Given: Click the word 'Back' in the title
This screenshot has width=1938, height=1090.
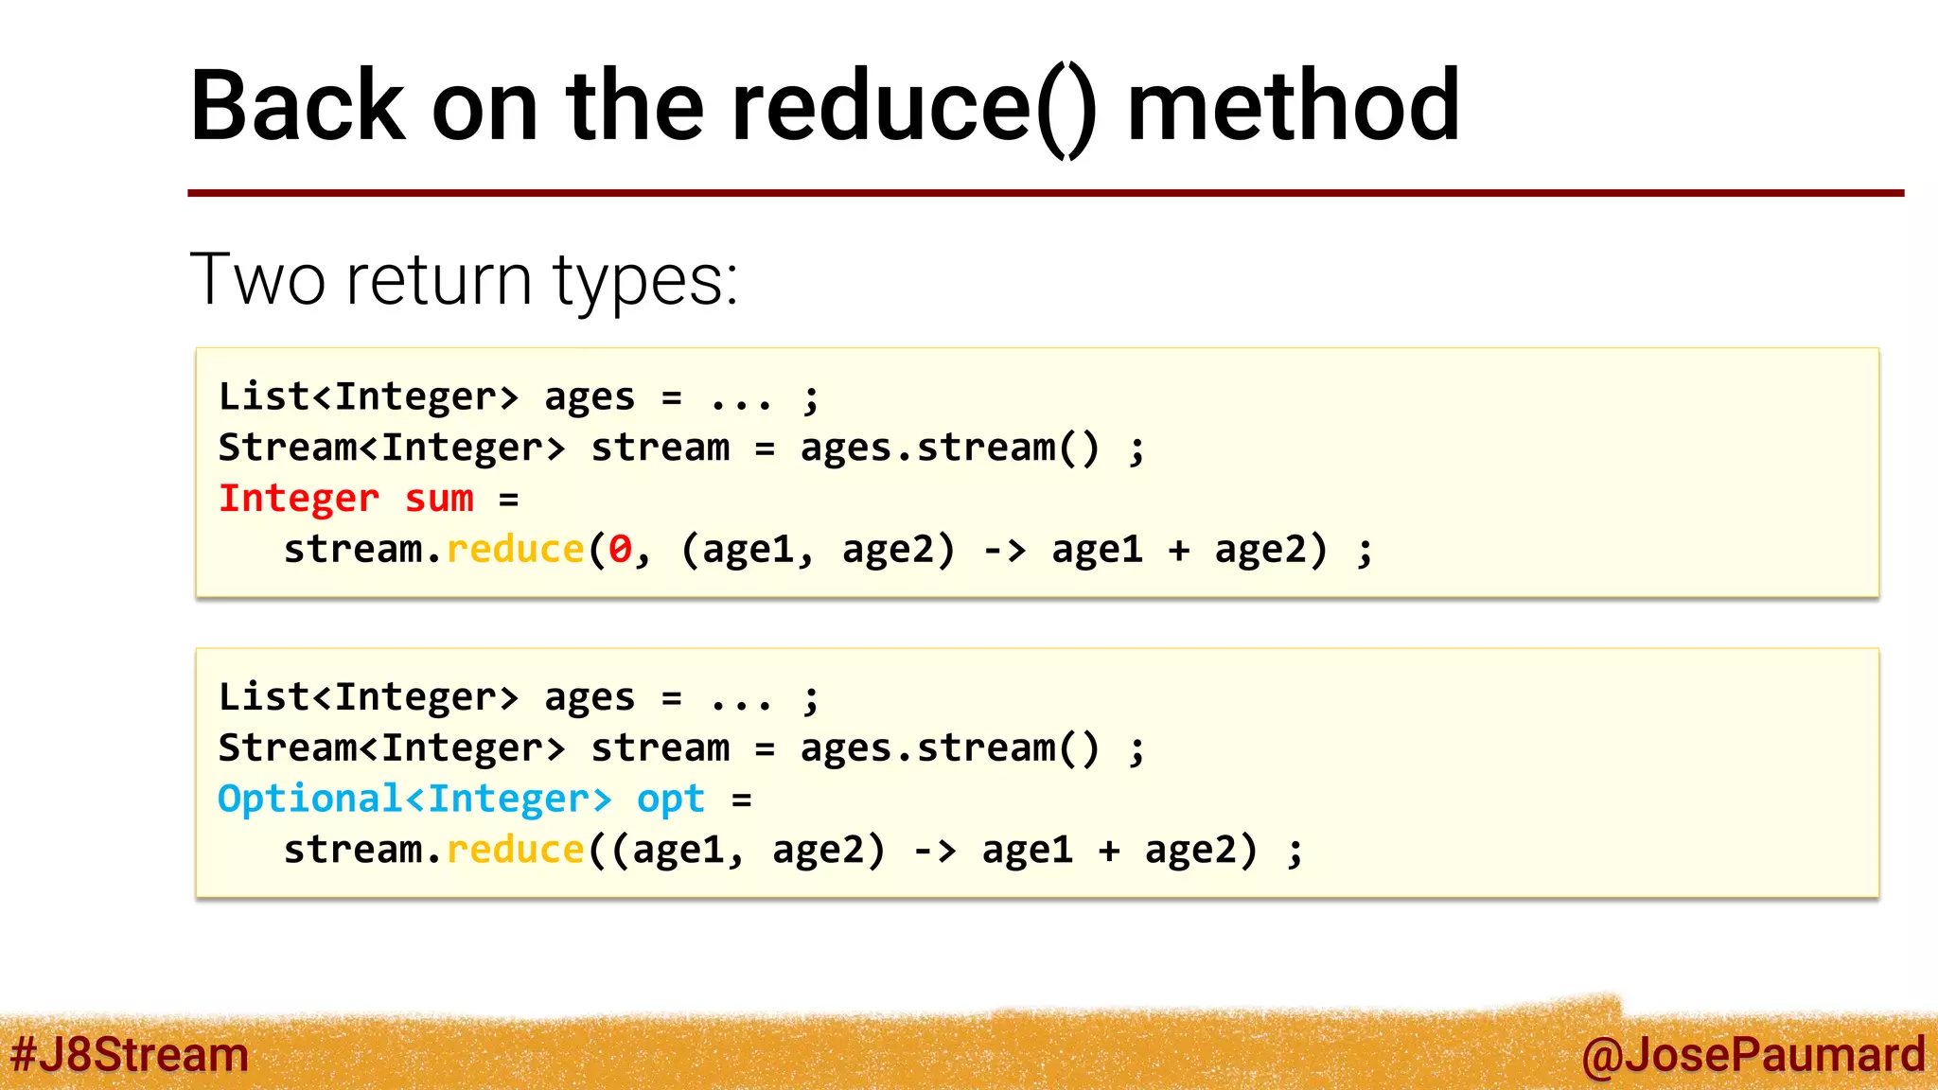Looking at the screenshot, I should (298, 106).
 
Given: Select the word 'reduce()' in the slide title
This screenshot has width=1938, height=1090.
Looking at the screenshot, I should (914, 106).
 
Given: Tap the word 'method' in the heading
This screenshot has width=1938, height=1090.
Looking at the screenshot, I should (1294, 106).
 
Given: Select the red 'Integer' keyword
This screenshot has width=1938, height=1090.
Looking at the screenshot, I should (299, 499).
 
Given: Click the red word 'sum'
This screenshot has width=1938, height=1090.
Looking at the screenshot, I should (439, 499).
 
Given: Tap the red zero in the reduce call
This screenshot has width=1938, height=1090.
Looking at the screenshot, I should (620, 550).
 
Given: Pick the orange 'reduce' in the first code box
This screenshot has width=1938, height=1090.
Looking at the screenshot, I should (515, 550).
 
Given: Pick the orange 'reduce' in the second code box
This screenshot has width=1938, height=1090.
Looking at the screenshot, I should (515, 850).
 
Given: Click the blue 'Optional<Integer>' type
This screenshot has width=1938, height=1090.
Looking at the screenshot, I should (414, 800).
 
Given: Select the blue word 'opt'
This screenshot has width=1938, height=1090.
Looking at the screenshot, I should (671, 800).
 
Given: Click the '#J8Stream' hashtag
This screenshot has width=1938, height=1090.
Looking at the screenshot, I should (130, 1055).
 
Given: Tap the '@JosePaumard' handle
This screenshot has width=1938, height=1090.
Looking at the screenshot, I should (1753, 1055).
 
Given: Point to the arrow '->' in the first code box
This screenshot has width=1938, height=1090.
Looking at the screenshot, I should (1005, 550).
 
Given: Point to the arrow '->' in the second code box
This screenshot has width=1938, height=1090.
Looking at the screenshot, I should (935, 850).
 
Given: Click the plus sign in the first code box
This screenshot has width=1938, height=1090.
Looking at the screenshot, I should (1179, 550).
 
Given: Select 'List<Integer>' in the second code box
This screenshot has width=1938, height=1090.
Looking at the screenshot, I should (368, 697).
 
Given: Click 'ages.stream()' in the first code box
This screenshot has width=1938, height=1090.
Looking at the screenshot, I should (950, 448).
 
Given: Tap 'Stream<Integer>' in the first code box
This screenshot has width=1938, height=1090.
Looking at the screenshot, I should (392, 448).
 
